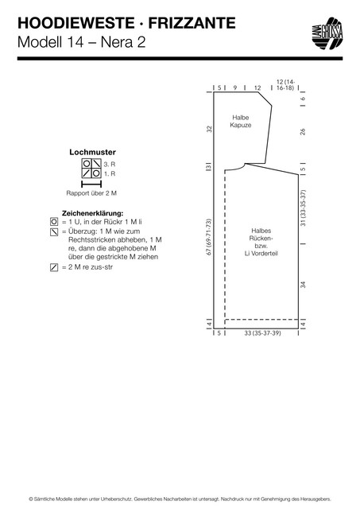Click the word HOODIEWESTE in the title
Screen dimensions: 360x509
[75, 23]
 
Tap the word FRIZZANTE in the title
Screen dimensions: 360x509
[192, 23]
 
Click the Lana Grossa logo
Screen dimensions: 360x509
[328, 33]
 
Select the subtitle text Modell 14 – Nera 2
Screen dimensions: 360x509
[81, 42]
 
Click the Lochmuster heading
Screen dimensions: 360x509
[92, 152]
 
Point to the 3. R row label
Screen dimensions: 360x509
[110, 165]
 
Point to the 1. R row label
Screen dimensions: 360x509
[110, 173]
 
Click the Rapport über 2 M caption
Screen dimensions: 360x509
[91, 193]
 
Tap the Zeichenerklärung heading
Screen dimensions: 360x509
[92, 213]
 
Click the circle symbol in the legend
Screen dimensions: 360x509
[54, 222]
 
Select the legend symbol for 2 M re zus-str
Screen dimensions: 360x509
[54, 267]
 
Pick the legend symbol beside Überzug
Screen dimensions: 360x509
[54, 231]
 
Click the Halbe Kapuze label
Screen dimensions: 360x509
[241, 121]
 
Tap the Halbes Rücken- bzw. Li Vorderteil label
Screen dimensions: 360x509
[261, 242]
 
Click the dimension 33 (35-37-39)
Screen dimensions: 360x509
[263, 333]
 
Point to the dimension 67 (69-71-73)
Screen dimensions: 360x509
[209, 237]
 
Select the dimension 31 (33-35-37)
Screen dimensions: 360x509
[303, 208]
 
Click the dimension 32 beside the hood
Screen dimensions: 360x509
[210, 129]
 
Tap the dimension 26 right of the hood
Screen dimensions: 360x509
[303, 131]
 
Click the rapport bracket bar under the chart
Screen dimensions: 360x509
[91, 185]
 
